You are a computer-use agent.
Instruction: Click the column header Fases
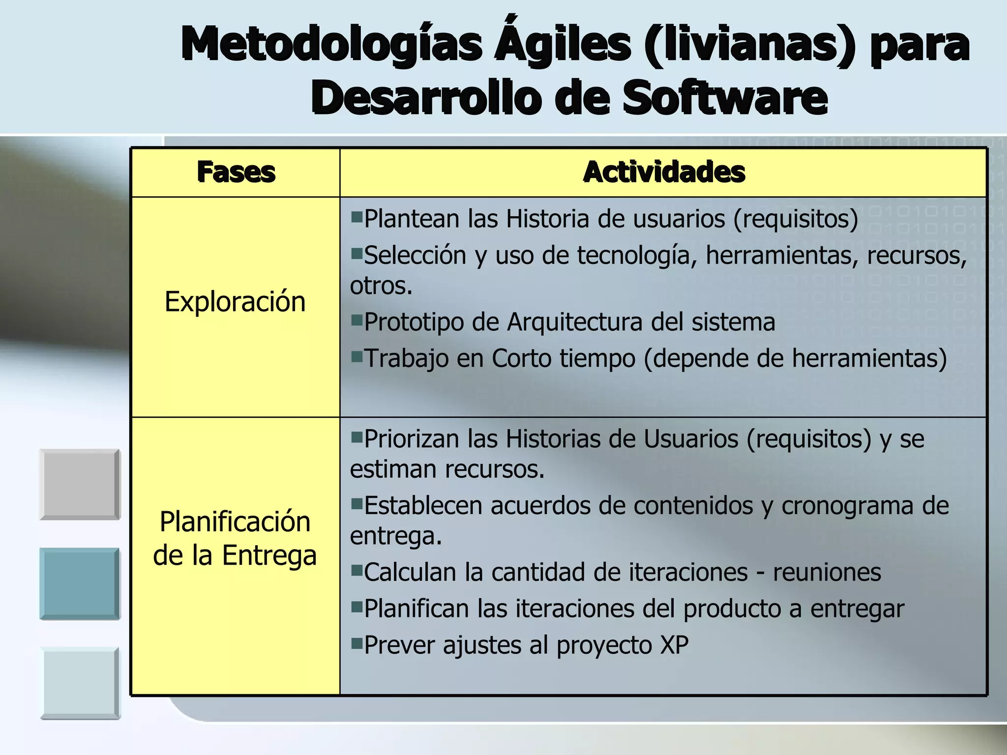236,173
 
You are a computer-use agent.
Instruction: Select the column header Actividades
664,173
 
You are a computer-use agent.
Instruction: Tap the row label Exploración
235,301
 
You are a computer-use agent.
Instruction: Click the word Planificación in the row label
235,522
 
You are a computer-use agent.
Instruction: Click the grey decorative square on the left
80,484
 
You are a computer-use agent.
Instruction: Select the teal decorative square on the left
80,583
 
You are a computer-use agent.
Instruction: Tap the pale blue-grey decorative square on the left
80,683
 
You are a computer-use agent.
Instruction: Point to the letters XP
674,645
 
